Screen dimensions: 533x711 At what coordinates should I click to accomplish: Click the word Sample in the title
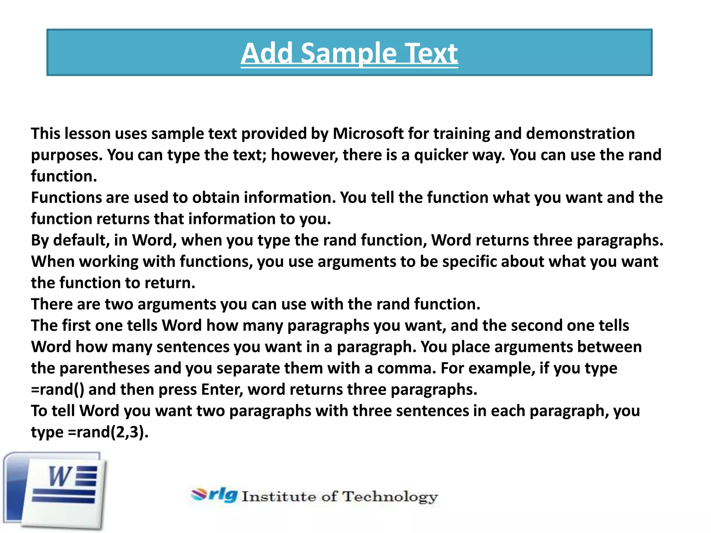click(348, 54)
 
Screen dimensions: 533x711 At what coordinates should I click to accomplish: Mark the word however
click(304, 155)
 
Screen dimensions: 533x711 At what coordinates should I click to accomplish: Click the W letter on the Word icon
click(60, 476)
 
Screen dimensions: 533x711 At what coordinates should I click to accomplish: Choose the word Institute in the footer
click(279, 497)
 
